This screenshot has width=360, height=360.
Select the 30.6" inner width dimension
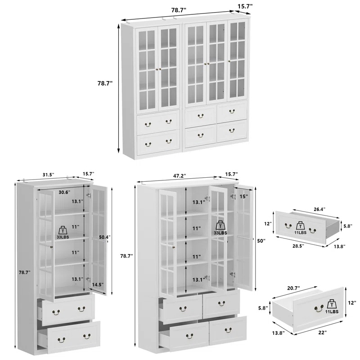[x=64, y=192]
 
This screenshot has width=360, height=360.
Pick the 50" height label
[x=261, y=242]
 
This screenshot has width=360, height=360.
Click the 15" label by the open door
[x=243, y=196]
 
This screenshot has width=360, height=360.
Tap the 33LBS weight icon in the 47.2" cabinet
[x=220, y=227]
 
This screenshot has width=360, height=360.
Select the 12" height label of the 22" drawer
[x=351, y=303]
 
